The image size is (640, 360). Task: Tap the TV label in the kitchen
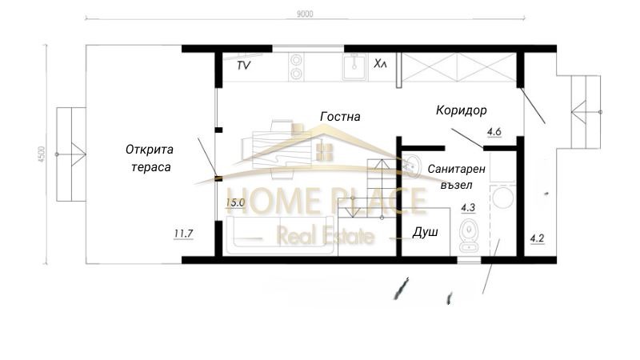(243, 66)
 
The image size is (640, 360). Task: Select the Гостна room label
(340, 117)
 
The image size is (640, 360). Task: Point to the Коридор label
(462, 110)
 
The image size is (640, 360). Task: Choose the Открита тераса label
(150, 157)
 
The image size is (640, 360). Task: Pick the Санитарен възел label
(456, 178)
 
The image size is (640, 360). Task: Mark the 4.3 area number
(469, 209)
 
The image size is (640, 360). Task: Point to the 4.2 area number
(537, 238)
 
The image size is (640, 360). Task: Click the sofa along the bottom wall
(280, 238)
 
